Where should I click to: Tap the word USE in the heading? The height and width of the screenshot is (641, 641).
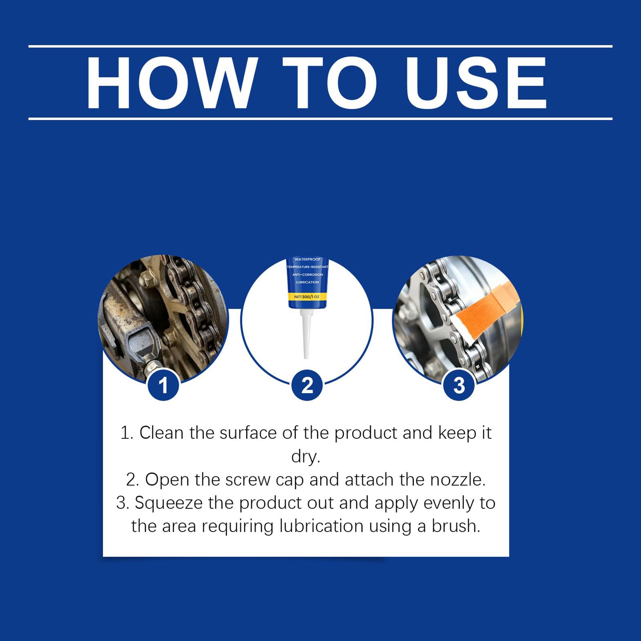coord(476,83)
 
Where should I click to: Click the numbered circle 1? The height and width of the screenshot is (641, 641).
coord(163,385)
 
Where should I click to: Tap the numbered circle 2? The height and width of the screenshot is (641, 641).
coord(307,385)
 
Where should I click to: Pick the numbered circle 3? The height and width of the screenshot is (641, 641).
coord(459,385)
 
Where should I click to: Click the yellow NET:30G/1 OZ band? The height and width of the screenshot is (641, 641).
coord(307,297)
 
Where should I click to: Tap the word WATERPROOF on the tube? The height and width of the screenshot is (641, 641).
coord(307,259)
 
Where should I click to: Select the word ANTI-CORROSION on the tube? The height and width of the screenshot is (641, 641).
coord(307,275)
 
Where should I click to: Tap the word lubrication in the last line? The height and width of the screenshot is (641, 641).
coord(321,526)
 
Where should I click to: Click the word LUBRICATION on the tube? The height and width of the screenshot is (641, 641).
coord(307,282)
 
